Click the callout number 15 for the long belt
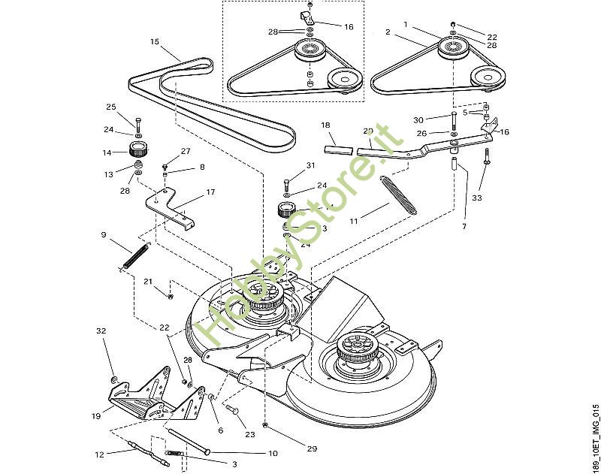click(x=155, y=41)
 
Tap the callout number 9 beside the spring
click(x=103, y=234)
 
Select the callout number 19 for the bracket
click(x=97, y=415)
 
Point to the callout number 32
click(x=101, y=331)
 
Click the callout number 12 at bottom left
click(x=99, y=453)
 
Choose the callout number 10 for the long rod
click(x=273, y=453)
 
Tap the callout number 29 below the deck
click(x=312, y=448)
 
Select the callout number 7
click(x=464, y=226)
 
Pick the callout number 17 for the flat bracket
click(x=210, y=192)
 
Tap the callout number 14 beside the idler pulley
click(x=107, y=152)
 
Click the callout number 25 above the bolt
click(x=110, y=107)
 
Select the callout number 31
click(x=311, y=165)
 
